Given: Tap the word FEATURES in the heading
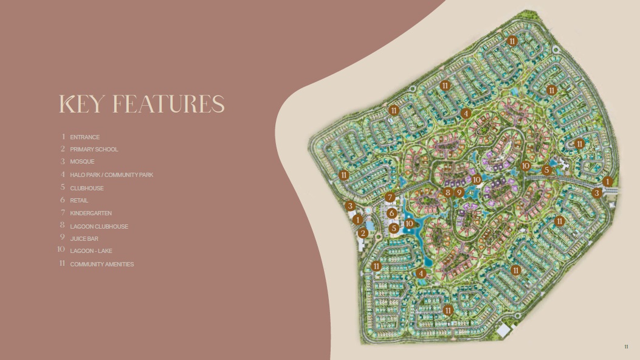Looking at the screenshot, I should [x=170, y=105].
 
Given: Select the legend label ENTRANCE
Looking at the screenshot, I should [x=84, y=137].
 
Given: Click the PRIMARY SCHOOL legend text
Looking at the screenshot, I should [x=94, y=150].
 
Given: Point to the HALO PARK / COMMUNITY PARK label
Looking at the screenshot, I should [x=111, y=175].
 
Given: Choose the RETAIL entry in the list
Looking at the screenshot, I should [x=79, y=201].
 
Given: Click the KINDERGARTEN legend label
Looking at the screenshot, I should [x=91, y=213].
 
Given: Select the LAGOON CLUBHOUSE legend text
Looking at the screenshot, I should [x=99, y=226].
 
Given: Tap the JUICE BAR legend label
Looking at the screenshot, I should [x=84, y=239].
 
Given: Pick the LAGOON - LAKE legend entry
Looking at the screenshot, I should [x=91, y=251].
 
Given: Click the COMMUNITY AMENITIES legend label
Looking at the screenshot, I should [x=102, y=265].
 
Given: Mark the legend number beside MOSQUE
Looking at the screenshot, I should [x=63, y=162].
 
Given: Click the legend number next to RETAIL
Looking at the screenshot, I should [x=63, y=200].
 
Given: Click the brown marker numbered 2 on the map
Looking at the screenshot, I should [x=363, y=233].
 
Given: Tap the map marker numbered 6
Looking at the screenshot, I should [x=392, y=213].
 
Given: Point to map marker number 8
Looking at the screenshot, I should [x=448, y=192].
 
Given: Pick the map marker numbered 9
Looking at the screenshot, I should [x=459, y=192].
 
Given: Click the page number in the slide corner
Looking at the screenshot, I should [x=627, y=347].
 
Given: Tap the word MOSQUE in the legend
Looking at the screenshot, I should [x=82, y=162].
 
